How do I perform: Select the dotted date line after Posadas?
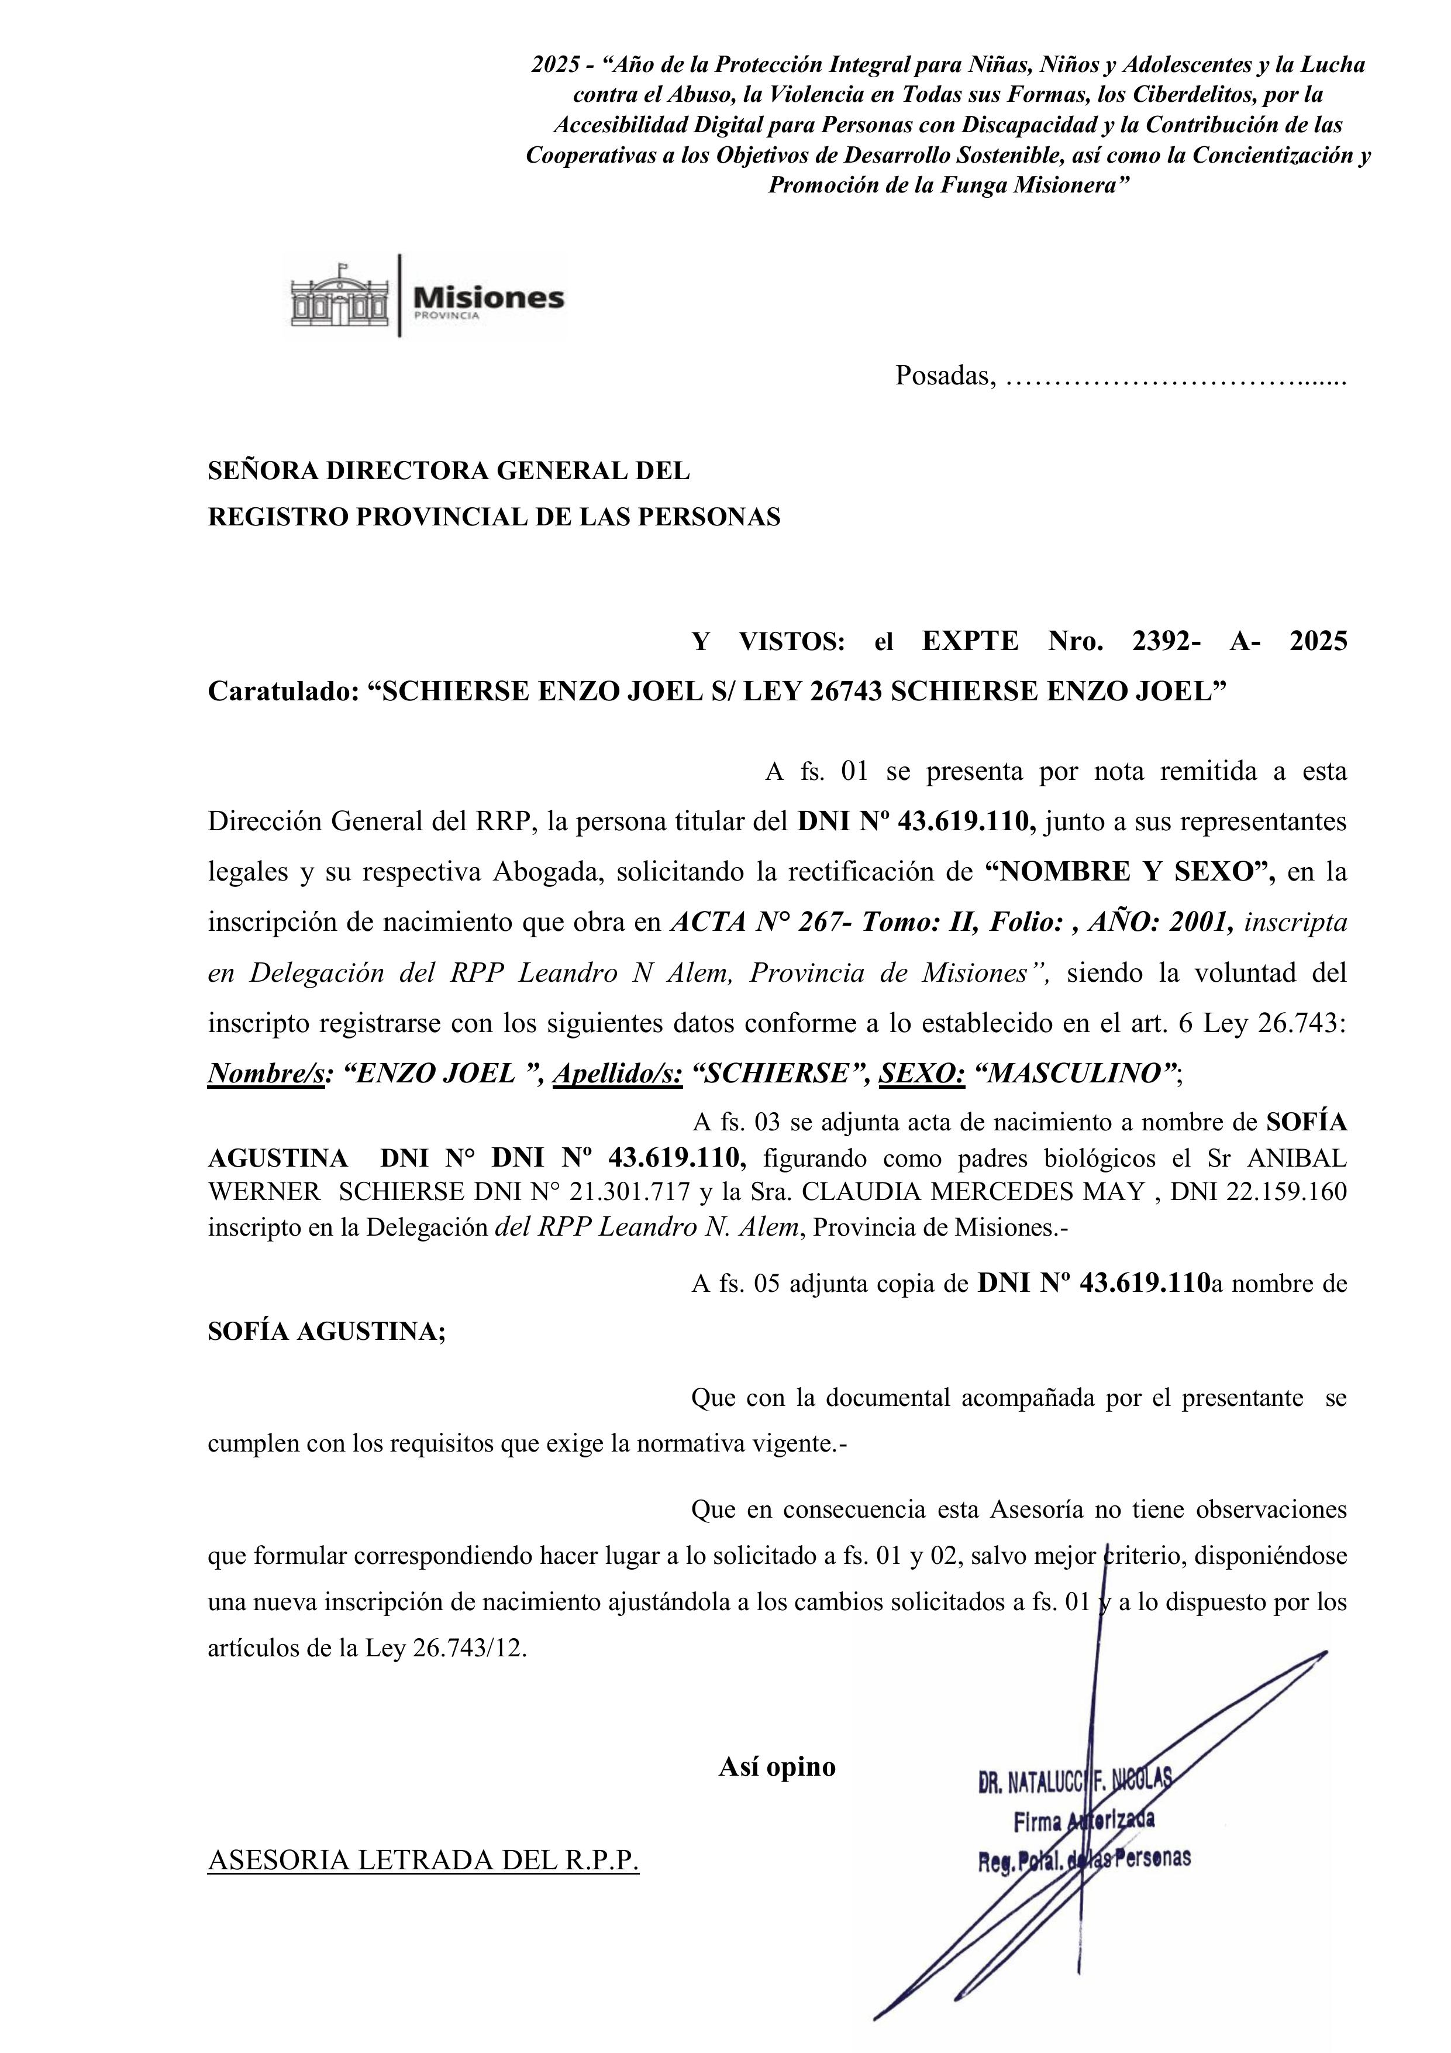(x=1175, y=379)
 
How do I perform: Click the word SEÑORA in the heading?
(x=262, y=471)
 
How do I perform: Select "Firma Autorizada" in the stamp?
(x=1084, y=1820)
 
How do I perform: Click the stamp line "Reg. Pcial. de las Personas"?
(x=1084, y=1859)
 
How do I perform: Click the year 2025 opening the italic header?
(x=555, y=64)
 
